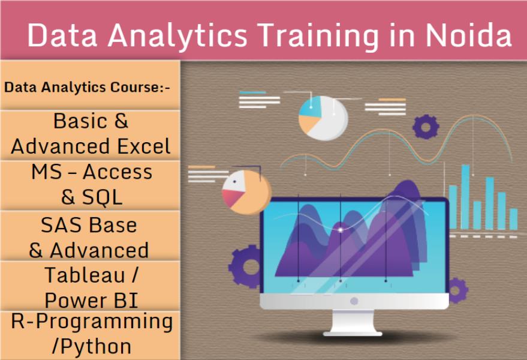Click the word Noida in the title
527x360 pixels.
[468, 35]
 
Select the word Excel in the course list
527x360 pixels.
[144, 146]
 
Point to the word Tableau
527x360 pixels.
[85, 275]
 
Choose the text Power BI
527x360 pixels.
[91, 300]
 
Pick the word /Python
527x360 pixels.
[92, 347]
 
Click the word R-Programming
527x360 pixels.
[92, 322]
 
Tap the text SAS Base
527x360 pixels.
[89, 225]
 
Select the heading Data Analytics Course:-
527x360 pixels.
[87, 87]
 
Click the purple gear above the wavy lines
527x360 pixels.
[426, 127]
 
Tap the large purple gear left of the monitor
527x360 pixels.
[246, 267]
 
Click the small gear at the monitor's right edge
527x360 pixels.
[459, 290]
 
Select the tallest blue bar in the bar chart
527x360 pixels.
[465, 197]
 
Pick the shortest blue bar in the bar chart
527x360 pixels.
[513, 219]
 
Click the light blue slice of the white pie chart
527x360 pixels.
[309, 107]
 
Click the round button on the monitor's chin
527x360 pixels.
[354, 301]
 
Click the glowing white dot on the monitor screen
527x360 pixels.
[340, 230]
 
